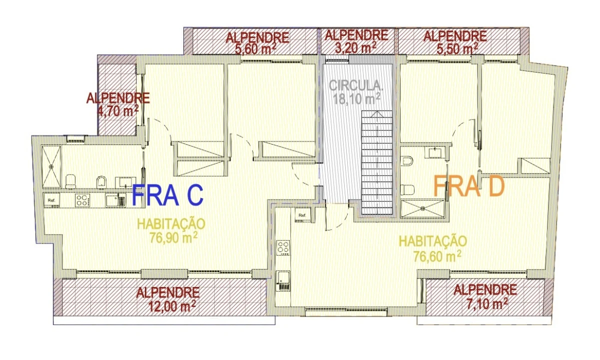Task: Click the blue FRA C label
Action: coord(168,194)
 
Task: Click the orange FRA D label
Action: coord(469,186)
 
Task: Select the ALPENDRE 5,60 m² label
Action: coord(257,43)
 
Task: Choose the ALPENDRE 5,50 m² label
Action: coord(455,42)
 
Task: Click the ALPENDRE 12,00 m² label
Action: coord(168,299)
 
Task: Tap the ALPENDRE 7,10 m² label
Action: coord(485,296)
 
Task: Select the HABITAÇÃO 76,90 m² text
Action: coord(171,230)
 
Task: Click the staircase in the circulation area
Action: coord(377,162)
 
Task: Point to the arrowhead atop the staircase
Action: coord(377,114)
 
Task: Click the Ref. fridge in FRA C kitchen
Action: coord(51,200)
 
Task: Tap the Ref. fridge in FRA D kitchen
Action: coord(303,215)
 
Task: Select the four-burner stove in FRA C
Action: coord(82,200)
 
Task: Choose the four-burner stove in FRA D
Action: coord(283,247)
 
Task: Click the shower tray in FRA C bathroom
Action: coord(51,166)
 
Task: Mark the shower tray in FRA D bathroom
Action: coord(423,207)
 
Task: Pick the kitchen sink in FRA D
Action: coord(283,281)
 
